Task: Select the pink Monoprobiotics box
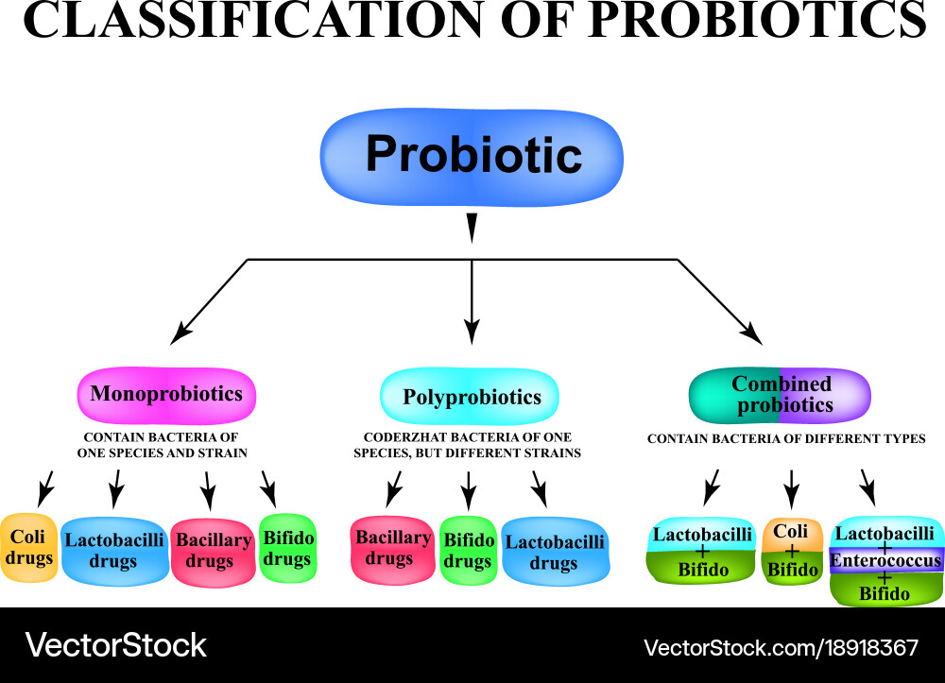point(166,394)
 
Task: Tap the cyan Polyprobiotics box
point(470,396)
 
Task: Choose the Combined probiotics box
point(780,395)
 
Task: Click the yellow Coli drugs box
point(28,547)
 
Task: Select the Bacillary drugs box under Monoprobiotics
point(212,551)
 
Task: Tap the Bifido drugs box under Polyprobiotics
point(469,551)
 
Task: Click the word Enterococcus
point(885,561)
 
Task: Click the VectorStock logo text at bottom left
point(116,646)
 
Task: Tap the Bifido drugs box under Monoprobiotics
point(287,548)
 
